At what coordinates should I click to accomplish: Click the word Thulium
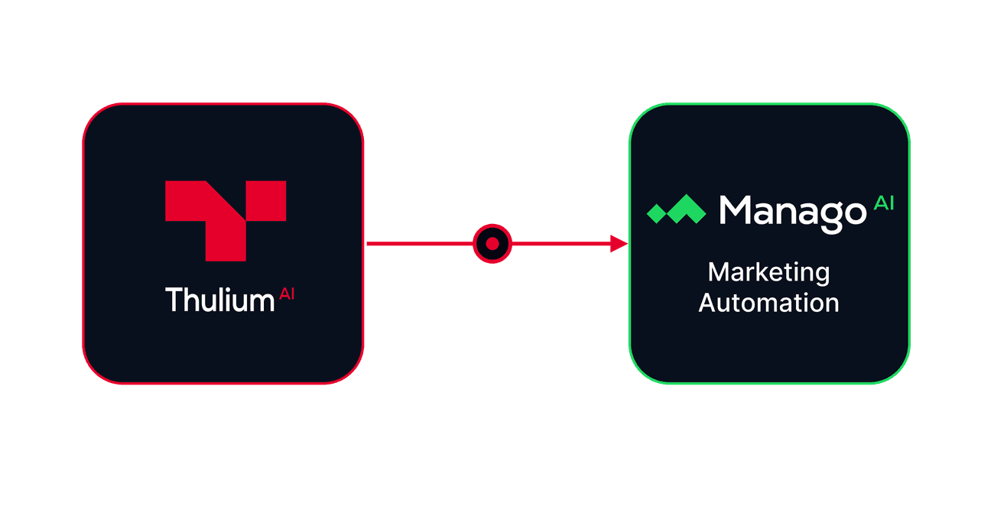220,300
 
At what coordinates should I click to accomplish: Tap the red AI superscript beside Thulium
287,294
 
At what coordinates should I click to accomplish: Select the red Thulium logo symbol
226,220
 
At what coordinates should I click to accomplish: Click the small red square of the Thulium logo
266,200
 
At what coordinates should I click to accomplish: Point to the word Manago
793,214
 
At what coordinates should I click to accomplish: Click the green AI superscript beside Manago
883,203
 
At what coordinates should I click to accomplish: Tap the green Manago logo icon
676,209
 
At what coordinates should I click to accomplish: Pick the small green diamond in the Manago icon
657,213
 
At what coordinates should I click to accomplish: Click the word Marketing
768,273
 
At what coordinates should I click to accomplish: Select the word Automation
768,303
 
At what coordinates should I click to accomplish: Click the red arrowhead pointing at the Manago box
619,244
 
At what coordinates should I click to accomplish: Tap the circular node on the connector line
492,244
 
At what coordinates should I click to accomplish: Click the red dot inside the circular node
492,244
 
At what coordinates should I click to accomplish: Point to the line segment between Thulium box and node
420,244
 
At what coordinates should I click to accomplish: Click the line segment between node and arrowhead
561,244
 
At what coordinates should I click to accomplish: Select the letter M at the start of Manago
736,209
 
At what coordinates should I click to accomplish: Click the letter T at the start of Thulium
174,300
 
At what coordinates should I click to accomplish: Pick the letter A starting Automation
709,303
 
